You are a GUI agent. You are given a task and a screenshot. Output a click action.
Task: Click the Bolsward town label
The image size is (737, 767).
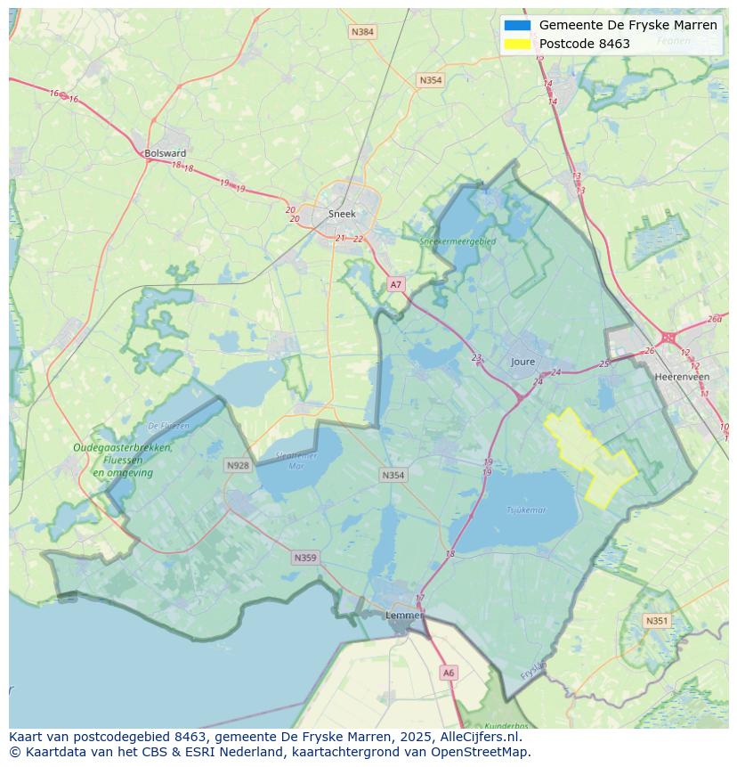pyautogui.click(x=166, y=153)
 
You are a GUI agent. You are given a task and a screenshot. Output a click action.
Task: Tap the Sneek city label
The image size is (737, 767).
pyautogui.click(x=342, y=214)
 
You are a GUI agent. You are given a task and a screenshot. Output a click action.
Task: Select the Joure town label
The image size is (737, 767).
pyautogui.click(x=523, y=362)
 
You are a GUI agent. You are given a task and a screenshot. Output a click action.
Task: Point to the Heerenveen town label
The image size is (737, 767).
pyautogui.click(x=682, y=377)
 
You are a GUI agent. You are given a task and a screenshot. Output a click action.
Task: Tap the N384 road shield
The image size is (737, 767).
pyautogui.click(x=362, y=32)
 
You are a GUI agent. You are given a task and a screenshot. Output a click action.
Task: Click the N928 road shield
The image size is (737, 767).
pyautogui.click(x=238, y=465)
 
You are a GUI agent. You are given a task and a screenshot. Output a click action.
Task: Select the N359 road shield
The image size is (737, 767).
pyautogui.click(x=304, y=558)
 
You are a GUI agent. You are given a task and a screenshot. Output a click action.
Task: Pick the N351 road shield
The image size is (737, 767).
pyautogui.click(x=657, y=621)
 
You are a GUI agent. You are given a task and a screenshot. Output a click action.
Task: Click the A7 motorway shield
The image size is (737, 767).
pyautogui.click(x=396, y=285)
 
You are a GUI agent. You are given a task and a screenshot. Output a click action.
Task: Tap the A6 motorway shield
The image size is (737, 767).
pyautogui.click(x=449, y=673)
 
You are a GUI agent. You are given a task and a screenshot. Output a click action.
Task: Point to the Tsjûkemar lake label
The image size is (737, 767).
pyautogui.click(x=526, y=510)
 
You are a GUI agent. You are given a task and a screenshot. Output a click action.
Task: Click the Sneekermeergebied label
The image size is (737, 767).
pyautogui.click(x=458, y=241)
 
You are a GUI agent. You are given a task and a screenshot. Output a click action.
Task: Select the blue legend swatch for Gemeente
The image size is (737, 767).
pyautogui.click(x=516, y=25)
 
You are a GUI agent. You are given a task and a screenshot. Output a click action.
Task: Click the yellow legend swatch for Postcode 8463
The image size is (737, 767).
pyautogui.click(x=516, y=44)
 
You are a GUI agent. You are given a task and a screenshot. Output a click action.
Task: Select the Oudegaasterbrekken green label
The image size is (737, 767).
pyautogui.click(x=124, y=448)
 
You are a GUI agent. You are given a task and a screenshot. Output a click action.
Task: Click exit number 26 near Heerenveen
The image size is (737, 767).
pyautogui.click(x=649, y=350)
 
